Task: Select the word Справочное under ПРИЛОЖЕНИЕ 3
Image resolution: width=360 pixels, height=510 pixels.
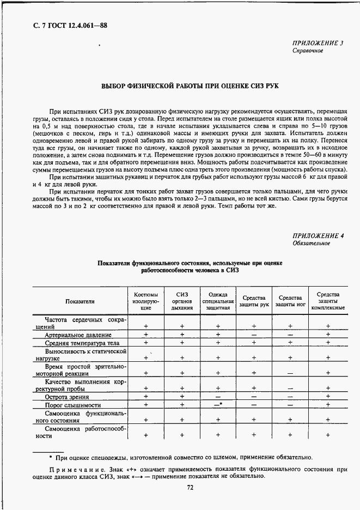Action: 308,51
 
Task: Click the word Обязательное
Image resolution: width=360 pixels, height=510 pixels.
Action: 311,244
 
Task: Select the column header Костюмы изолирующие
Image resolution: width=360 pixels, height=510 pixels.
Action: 145,301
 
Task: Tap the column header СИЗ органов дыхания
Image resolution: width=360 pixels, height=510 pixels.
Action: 181,301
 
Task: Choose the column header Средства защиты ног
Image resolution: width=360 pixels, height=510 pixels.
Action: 290,301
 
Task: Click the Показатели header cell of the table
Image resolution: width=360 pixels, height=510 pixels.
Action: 80,301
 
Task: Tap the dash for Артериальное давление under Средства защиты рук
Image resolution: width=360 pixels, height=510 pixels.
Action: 254,334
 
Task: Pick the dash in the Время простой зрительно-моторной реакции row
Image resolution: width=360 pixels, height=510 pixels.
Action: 290,373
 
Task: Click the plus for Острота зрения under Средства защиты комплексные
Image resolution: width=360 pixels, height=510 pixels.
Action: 328,397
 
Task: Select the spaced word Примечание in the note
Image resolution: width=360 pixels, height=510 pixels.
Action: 74,468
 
